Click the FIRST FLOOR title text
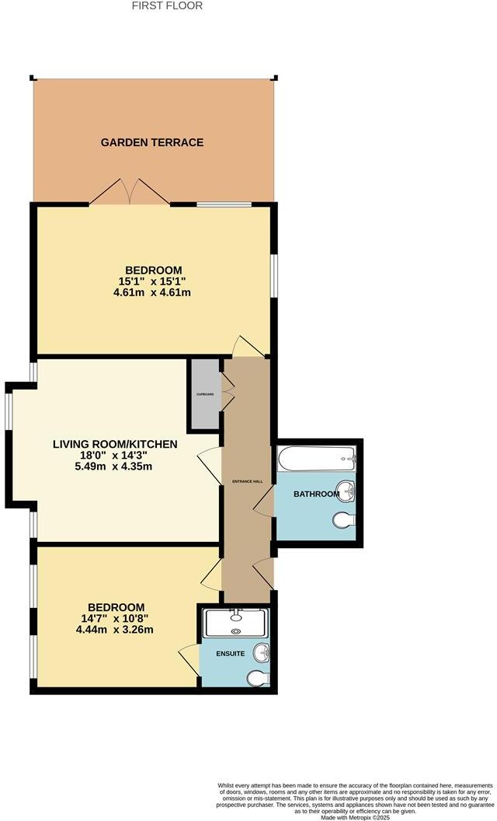[167, 5]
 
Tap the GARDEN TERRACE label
[152, 142]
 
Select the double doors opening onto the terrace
[129, 192]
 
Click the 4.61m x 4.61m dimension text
[152, 293]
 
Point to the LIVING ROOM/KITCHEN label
[115, 445]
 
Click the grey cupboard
[205, 394]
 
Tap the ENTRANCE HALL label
[248, 482]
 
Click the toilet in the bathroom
[344, 520]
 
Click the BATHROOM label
[316, 494]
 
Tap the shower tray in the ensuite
[235, 624]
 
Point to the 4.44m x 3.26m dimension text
[116, 629]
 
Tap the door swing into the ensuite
[189, 660]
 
